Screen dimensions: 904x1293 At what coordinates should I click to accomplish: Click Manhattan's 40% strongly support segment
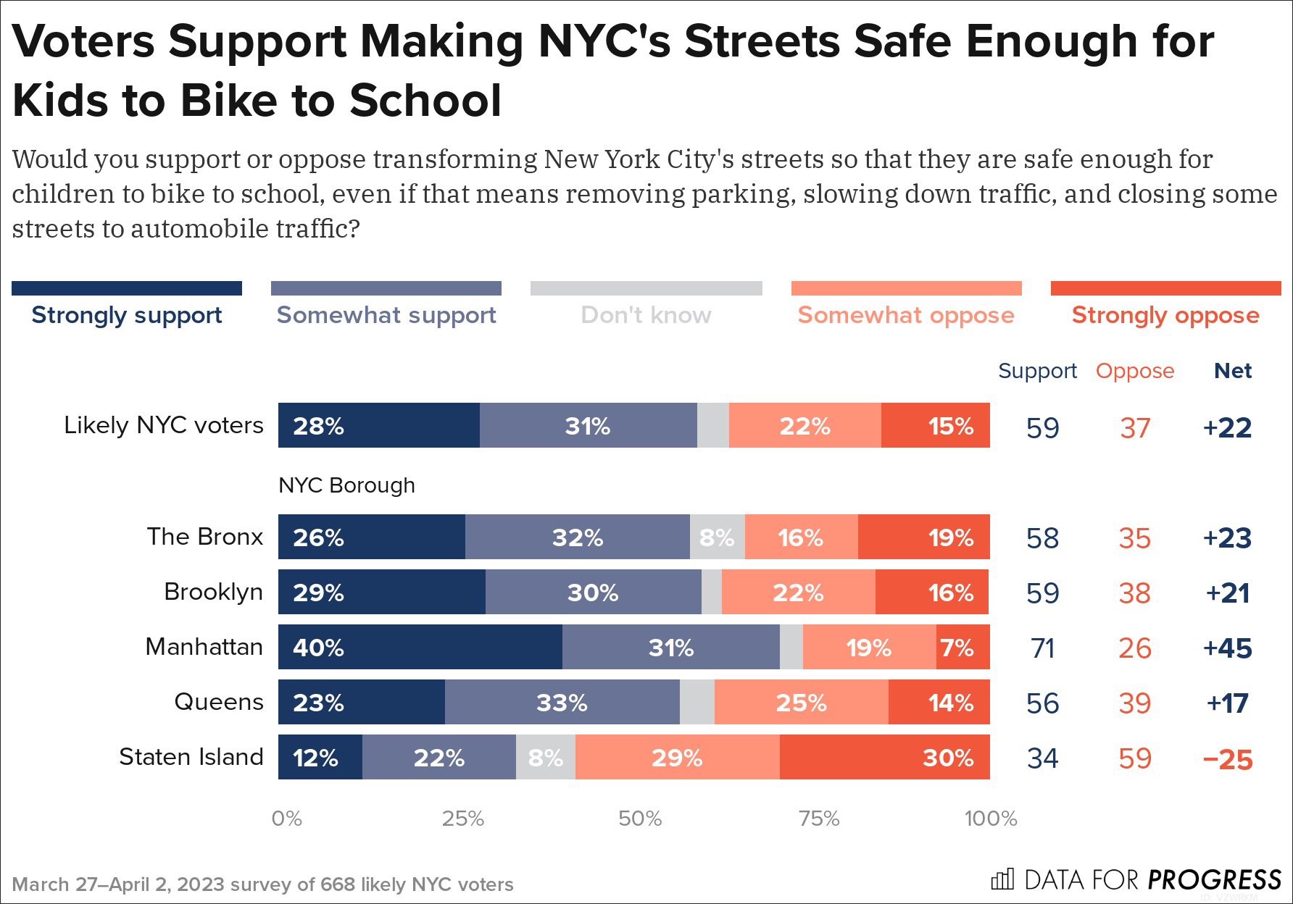pos(420,647)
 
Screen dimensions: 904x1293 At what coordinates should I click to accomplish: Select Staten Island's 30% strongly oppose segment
pos(884,757)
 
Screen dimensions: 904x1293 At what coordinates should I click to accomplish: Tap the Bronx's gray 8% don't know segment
pos(717,537)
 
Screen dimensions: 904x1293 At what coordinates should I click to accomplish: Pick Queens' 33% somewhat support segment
pos(562,702)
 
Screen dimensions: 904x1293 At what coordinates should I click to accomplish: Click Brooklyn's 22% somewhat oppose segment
pos(798,592)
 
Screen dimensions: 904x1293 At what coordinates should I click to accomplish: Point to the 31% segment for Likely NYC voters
pos(588,425)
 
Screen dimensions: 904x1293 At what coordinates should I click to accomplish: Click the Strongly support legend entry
pos(127,315)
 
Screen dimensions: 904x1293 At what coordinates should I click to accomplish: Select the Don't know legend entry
pos(646,315)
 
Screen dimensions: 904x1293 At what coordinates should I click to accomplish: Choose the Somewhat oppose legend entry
pos(906,315)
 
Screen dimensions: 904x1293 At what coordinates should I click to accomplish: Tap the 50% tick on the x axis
pos(640,819)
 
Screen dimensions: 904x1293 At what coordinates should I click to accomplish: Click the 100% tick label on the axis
pos(991,819)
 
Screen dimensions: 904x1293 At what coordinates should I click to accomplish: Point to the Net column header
pos(1233,371)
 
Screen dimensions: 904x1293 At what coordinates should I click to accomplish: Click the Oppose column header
pos(1135,371)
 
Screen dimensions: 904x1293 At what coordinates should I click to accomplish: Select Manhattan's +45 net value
pos(1227,648)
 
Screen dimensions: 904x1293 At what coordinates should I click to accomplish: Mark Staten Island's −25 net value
pos(1227,759)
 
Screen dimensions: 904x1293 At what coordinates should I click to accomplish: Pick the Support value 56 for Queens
pos(1042,703)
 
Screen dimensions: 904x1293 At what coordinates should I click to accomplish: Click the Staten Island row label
pos(191,757)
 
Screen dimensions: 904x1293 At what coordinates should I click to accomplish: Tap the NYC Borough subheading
pos(346,485)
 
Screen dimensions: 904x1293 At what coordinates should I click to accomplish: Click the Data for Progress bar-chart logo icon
pos(1002,879)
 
